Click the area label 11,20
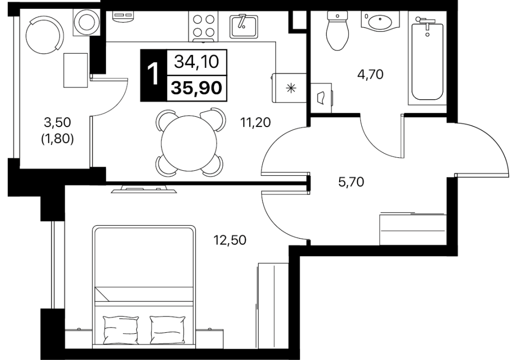tap(255, 122)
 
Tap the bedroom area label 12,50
tap(230, 240)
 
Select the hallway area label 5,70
tap(351, 182)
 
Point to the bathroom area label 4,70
tap(371, 74)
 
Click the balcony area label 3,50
tap(58, 122)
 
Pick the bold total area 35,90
tap(197, 88)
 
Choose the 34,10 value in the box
tap(196, 61)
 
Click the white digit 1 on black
tap(153, 75)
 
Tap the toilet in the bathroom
tap(337, 30)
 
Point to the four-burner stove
tap(204, 26)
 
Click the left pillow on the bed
tap(121, 329)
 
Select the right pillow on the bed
tap(167, 329)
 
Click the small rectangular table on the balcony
tap(76, 70)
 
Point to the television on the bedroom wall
tap(144, 189)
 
